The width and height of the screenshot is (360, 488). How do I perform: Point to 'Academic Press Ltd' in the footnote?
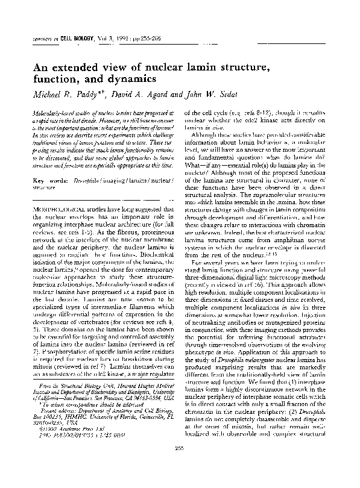(x=72, y=445)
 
